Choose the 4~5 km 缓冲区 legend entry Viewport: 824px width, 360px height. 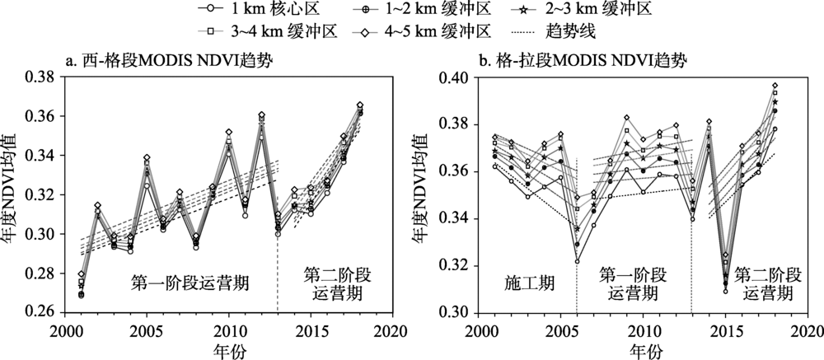tap(428, 32)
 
